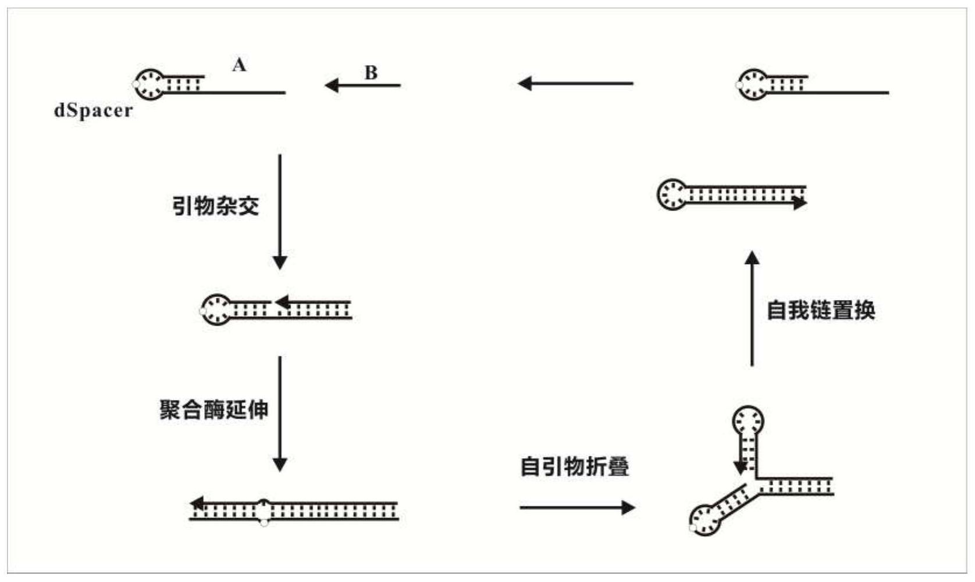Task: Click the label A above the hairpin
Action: tap(239, 65)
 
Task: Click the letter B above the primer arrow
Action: tap(371, 73)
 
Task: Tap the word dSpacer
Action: tap(93, 110)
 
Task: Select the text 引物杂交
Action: tap(216, 206)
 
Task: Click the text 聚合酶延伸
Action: tap(214, 410)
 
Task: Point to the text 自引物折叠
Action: tap(575, 467)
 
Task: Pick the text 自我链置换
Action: tap(821, 310)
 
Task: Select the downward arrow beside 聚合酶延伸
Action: tap(280, 413)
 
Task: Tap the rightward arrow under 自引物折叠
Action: tap(577, 508)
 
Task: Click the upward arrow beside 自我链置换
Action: tap(752, 309)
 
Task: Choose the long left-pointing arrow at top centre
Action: tap(575, 84)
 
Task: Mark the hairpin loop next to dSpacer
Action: tap(150, 84)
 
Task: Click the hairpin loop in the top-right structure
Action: tap(753, 84)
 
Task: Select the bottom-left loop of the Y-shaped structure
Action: tap(705, 520)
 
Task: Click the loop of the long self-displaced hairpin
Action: tap(672, 194)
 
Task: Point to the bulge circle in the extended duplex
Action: tap(264, 510)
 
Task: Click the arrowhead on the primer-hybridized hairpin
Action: tap(283, 302)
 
